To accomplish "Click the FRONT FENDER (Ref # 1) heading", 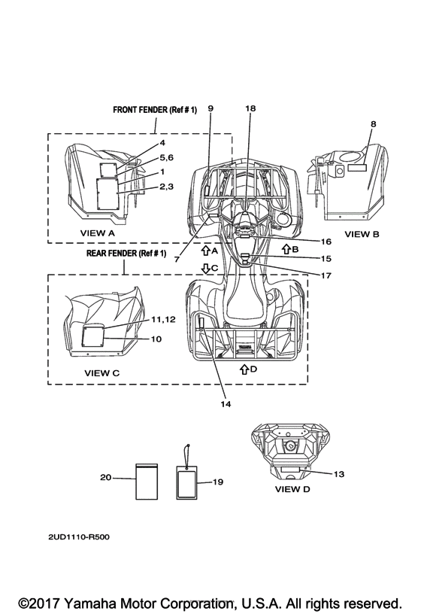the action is click(x=155, y=110).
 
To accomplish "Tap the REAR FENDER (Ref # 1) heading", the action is click(x=126, y=254).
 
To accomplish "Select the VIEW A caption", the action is click(x=98, y=233).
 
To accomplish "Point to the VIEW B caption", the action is click(x=362, y=234).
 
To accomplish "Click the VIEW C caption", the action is click(x=102, y=373).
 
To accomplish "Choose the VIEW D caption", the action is click(x=292, y=489).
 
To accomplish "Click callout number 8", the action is click(x=374, y=124).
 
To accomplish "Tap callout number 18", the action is click(x=250, y=108).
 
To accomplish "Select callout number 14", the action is click(x=226, y=404).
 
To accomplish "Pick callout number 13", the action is click(x=339, y=474).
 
